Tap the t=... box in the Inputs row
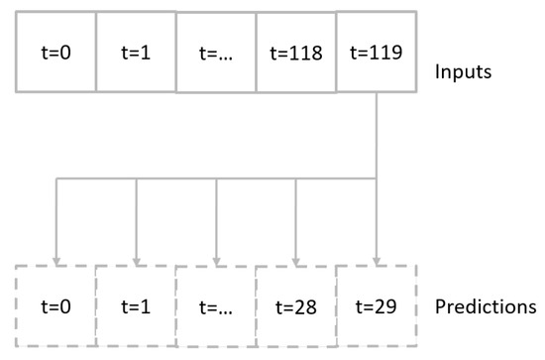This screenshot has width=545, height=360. pos(215,53)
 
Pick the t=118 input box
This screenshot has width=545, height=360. pos(295,53)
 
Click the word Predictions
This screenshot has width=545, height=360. pos(486,305)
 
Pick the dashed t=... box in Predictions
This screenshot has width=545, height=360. pos(215,305)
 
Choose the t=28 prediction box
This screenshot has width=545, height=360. pos(295,305)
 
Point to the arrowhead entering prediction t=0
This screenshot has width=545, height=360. pos(55,258)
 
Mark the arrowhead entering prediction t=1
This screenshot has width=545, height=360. pos(136,258)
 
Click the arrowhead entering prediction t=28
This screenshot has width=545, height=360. pos(296,258)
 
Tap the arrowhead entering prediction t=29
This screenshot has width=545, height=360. pos(377,258)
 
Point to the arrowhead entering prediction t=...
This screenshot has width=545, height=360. pos(216,258)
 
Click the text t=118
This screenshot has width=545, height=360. pos(295,53)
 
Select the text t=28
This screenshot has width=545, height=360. pos(295,306)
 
